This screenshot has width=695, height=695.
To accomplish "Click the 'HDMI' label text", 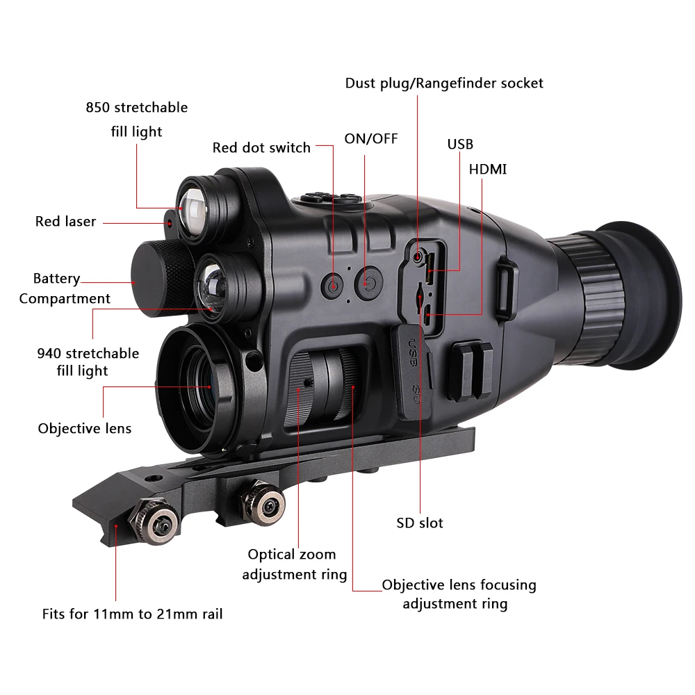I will pyautogui.click(x=488, y=170).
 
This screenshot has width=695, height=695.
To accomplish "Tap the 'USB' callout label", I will pyautogui.click(x=460, y=144).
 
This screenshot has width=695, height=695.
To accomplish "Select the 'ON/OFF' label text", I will pyautogui.click(x=371, y=138).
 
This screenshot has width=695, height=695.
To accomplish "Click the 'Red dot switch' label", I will pyautogui.click(x=261, y=147).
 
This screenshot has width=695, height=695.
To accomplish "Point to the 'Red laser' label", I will pyautogui.click(x=65, y=222).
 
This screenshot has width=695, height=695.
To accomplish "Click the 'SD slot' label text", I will pyautogui.click(x=420, y=523).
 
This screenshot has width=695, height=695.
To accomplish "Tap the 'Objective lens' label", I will pyautogui.click(x=85, y=428).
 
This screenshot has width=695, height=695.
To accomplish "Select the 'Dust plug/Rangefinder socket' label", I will pyautogui.click(x=444, y=83).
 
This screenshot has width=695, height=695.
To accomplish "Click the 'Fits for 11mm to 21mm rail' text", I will pyautogui.click(x=132, y=614).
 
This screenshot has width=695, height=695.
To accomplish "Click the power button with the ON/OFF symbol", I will pyautogui.click(x=368, y=283).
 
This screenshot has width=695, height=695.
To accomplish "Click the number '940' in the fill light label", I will pyautogui.click(x=50, y=354).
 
